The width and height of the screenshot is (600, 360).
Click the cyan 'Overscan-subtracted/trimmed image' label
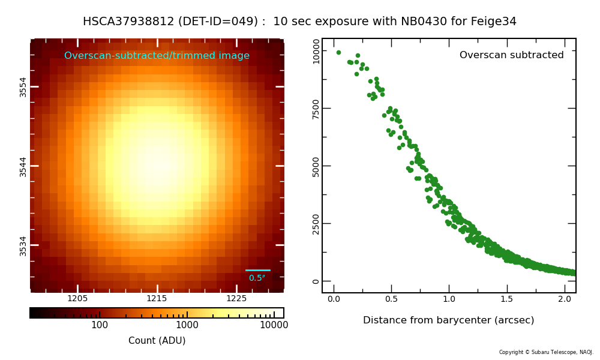click(x=157, y=56)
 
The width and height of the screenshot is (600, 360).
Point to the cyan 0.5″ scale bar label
click(x=257, y=278)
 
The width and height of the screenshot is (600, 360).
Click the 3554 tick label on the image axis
click(x=23, y=86)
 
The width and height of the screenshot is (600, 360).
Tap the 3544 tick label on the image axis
click(x=23, y=166)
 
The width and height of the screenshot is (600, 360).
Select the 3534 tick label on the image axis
click(x=23, y=245)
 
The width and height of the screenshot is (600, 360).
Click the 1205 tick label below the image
click(x=77, y=299)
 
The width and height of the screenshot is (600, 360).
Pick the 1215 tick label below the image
click(x=157, y=299)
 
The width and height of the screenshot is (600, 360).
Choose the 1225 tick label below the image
click(x=236, y=299)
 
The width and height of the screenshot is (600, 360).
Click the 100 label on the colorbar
click(x=100, y=325)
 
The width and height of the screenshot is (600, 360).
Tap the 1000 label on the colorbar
click(x=187, y=325)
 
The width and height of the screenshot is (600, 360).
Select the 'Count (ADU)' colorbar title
click(x=157, y=341)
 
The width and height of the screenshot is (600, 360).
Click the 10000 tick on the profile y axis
click(x=316, y=51)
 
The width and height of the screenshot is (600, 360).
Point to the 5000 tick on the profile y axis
click(x=316, y=166)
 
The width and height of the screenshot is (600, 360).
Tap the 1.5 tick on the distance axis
click(x=507, y=299)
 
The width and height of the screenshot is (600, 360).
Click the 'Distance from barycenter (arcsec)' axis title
click(x=448, y=320)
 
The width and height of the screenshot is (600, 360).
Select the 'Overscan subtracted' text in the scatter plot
click(x=511, y=55)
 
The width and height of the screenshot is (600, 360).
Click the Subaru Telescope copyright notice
click(x=546, y=352)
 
